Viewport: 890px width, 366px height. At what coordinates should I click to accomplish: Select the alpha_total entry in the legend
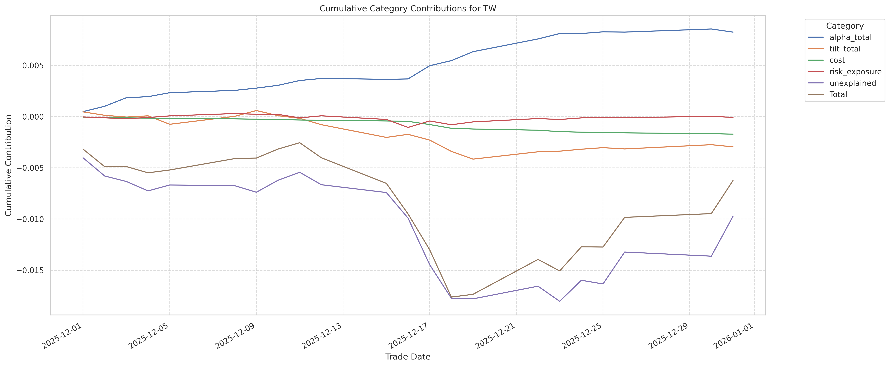pyautogui.click(x=850, y=37)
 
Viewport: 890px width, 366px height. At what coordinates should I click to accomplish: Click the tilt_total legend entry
pyautogui.click(x=845, y=49)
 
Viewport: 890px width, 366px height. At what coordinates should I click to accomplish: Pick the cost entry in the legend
pyautogui.click(x=837, y=60)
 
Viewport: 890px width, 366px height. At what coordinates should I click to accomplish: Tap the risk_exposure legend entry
pyautogui.click(x=855, y=72)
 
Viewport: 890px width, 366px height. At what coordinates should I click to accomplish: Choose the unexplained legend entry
pyautogui.click(x=852, y=83)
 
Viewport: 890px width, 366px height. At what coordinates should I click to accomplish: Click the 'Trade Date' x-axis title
pyautogui.click(x=408, y=357)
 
